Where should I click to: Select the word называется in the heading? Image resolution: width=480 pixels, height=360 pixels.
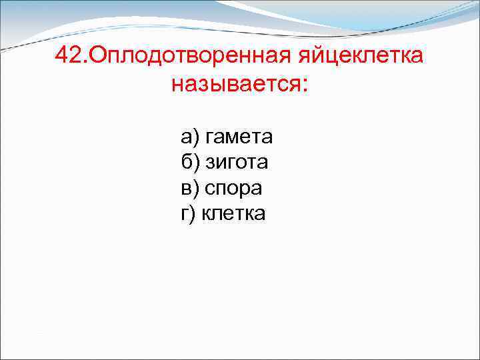point(236,85)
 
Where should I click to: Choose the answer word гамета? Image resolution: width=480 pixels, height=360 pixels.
point(239,137)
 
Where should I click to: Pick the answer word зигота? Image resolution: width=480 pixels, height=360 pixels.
point(236,162)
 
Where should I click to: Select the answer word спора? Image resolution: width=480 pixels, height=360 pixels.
point(233,188)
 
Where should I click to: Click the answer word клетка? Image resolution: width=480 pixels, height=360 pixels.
point(233,213)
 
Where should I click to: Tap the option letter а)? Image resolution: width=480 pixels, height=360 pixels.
point(190,137)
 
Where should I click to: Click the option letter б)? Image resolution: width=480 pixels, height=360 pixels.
point(190,162)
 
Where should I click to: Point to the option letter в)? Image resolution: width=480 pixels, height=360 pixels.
point(190,188)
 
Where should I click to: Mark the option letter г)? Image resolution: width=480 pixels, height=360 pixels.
point(189,213)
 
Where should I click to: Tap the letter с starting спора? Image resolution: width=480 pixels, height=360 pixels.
point(209,189)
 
